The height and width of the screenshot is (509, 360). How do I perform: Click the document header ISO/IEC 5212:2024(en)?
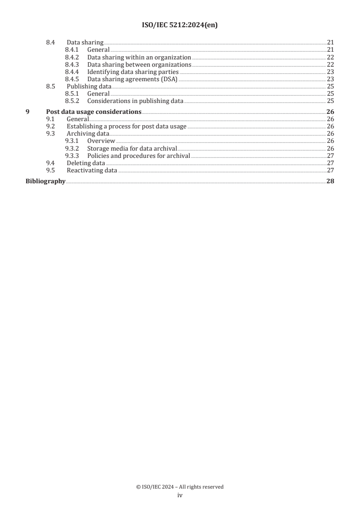point(180,26)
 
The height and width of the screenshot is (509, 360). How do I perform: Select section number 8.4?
point(50,43)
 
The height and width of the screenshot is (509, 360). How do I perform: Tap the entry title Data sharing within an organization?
point(139,58)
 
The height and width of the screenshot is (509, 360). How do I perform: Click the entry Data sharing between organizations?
point(139,65)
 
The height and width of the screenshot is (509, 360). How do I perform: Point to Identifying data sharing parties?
point(133,72)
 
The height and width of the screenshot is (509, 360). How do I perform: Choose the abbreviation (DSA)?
point(168,79)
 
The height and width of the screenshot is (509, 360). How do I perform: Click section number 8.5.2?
point(72,101)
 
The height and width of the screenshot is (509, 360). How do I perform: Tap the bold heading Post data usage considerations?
point(94,112)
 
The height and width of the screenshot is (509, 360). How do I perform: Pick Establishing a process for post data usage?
point(127,127)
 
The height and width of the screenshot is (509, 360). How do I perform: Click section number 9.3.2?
point(72,148)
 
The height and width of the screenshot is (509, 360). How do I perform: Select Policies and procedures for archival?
point(138,156)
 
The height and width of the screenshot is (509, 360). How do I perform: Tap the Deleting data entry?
point(86,163)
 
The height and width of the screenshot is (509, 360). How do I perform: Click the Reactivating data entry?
point(92,171)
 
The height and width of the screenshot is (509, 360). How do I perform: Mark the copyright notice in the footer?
point(180,487)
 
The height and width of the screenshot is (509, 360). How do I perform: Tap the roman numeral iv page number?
point(180,495)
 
